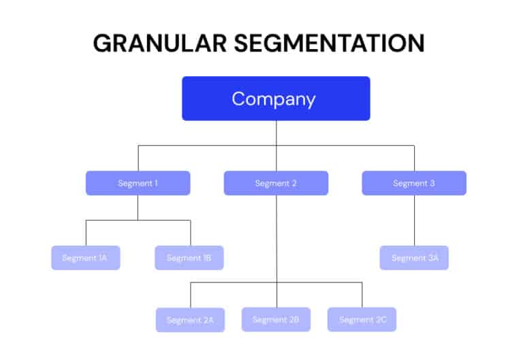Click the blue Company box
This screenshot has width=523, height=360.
click(x=276, y=99)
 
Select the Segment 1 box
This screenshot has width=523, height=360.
click(x=138, y=183)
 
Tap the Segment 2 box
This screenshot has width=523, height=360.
click(x=276, y=183)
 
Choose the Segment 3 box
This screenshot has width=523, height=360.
click(x=414, y=183)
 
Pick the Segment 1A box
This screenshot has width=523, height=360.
click(x=85, y=258)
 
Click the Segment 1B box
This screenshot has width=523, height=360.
click(x=189, y=258)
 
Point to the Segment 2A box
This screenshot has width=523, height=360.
click(x=190, y=320)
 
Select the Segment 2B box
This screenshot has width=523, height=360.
click(x=276, y=319)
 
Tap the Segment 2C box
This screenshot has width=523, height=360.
click(x=362, y=319)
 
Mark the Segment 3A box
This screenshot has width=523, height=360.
click(x=414, y=258)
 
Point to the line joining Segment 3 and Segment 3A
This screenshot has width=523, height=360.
click(x=414, y=220)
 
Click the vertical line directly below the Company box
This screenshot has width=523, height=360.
click(x=276, y=133)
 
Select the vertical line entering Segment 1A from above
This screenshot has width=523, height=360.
click(x=86, y=233)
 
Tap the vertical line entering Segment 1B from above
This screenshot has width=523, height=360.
click(x=190, y=233)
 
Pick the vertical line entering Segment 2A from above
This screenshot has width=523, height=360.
click(x=190, y=295)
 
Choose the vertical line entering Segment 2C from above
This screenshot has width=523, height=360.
click(x=362, y=295)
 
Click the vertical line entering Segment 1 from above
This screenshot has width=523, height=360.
click(x=138, y=158)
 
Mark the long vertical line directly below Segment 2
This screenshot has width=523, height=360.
click(x=276, y=238)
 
